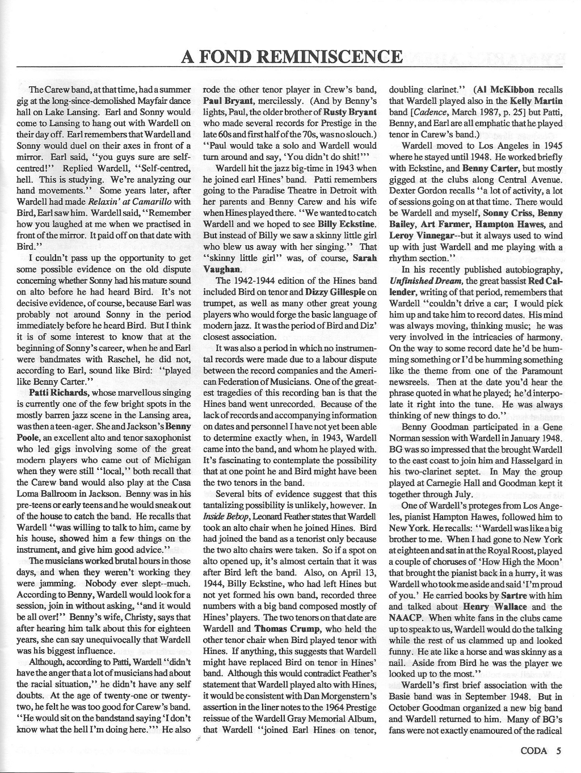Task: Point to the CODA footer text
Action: [534, 750]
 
